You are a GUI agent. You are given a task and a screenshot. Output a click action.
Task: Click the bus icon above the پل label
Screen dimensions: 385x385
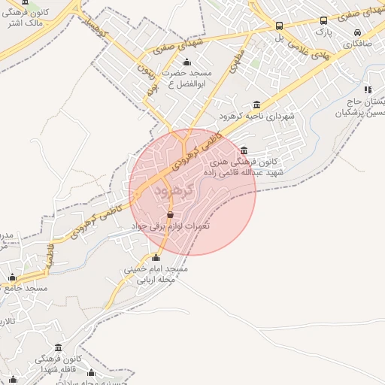point(280,25)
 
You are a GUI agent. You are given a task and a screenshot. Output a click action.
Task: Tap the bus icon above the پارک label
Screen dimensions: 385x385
point(323,21)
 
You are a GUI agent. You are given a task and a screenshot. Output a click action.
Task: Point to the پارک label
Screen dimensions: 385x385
point(323,33)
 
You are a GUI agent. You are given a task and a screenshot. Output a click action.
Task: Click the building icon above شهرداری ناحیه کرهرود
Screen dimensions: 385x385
point(258,105)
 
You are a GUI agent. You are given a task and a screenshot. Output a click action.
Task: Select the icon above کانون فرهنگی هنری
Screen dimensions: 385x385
point(244,150)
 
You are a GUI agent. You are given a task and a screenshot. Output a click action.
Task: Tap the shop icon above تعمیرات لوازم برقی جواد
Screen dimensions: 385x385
point(170,215)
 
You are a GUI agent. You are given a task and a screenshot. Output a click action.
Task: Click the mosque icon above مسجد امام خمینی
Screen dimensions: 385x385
point(156,258)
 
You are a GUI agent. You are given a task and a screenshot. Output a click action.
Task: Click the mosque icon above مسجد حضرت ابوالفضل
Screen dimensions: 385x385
point(186,62)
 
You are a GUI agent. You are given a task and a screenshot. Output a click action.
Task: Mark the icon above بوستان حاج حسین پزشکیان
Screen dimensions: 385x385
point(368,89)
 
